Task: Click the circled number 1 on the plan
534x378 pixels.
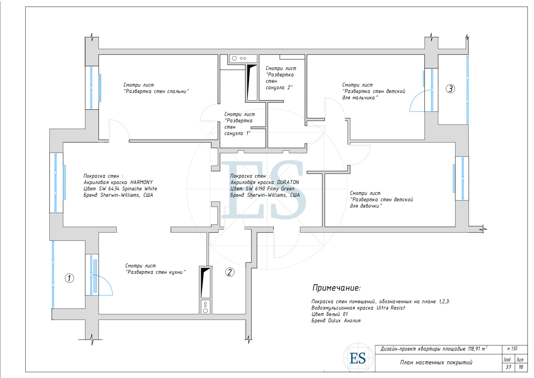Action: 69,278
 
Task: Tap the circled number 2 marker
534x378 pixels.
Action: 230,272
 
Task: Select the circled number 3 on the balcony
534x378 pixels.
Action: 450,89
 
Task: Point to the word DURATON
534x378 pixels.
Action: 288,182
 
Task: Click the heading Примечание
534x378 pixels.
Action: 336,288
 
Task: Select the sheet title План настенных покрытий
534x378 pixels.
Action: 436,363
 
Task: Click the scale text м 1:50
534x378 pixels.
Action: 512,349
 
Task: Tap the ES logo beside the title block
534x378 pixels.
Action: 358,358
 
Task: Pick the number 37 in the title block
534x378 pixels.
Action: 509,367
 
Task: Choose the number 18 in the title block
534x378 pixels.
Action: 521,367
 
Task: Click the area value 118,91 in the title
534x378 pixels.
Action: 474,349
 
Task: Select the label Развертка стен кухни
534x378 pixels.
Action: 156,272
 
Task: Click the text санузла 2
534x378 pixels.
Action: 279,87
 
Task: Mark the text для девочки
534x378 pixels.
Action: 366,206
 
